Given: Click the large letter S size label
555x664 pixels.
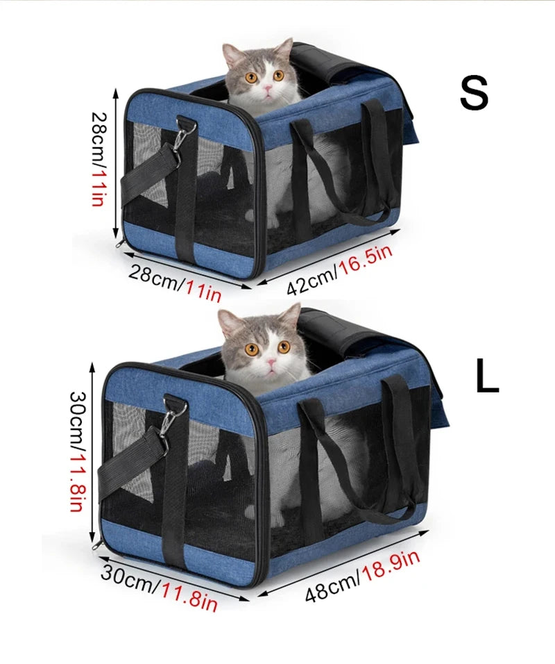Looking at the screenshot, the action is click(475, 94).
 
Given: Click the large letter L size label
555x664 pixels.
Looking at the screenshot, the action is click(486, 375).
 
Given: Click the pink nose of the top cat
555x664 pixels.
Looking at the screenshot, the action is click(268, 88).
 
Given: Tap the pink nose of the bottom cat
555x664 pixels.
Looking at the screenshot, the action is click(271, 362).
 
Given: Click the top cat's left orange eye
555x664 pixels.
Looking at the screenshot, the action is click(251, 78).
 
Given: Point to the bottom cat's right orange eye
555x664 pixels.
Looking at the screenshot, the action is click(284, 347).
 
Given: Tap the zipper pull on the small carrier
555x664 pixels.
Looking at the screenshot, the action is click(120, 243).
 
